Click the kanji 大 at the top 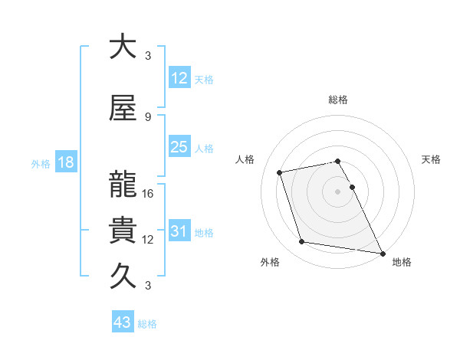coord(123,47)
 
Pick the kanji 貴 coord(123,230)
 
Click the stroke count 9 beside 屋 coord(148,116)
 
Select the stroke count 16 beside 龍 coord(149,194)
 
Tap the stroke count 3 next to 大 coord(148,56)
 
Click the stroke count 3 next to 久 coord(148,286)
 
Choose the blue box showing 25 coord(179,147)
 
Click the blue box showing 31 coord(179,231)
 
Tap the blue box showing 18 coord(65,162)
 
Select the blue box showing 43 coord(123,322)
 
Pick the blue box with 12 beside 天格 coord(179,78)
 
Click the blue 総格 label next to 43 coord(148,324)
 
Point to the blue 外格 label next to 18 coord(41,163)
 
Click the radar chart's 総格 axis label coord(337,100)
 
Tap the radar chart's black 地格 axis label coord(402,262)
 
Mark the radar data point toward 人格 coord(280,172)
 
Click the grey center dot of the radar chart coord(337,191)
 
